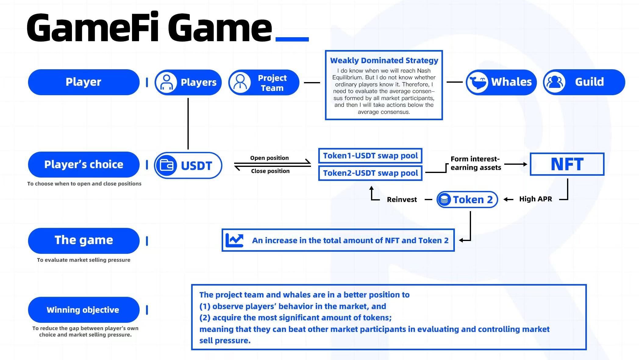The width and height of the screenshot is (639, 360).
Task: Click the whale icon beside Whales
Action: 477,82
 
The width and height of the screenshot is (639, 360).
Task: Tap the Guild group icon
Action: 555,82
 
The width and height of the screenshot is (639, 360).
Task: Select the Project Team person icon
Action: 240,82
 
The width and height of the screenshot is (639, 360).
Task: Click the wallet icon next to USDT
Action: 166,165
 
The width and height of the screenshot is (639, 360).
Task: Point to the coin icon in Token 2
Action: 444,200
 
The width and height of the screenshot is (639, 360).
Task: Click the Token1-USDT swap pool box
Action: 370,156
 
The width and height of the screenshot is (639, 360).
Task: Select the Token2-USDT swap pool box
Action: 370,173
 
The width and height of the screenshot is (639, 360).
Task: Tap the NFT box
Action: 567,164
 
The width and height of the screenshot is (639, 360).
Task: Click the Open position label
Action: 270,158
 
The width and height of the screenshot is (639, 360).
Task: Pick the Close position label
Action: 270,171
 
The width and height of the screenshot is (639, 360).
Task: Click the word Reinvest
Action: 402,200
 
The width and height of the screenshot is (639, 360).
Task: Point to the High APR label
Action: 535,199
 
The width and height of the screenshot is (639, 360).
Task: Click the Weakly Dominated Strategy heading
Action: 384,60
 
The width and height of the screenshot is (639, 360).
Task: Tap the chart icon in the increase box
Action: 234,240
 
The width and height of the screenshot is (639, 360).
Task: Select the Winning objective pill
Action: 84,310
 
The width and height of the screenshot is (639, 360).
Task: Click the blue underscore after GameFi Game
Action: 292,39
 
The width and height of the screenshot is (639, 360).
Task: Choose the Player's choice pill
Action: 84,164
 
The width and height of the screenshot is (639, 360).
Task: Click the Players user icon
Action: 166,82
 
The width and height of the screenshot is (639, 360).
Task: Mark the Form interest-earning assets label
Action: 476,163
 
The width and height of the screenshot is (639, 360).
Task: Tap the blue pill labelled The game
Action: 84,240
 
